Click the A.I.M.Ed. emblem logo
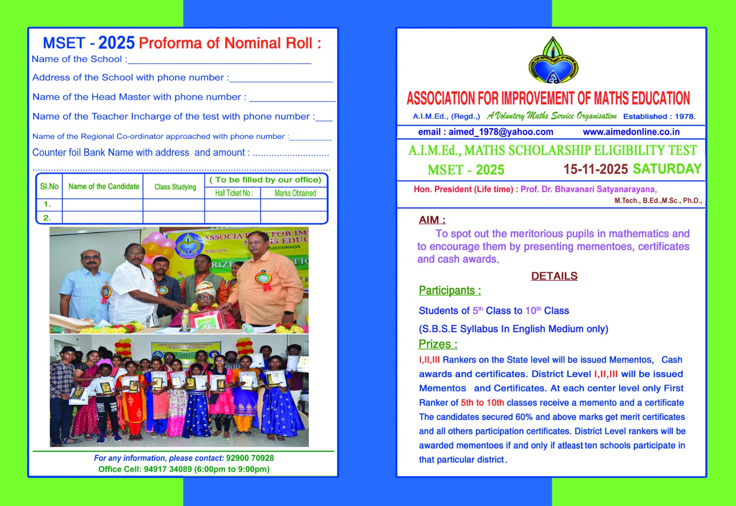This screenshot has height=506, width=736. [x=553, y=61]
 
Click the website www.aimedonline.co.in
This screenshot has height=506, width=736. [x=631, y=132]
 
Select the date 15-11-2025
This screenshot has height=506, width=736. [x=595, y=169]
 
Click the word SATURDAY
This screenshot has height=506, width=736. [x=667, y=169]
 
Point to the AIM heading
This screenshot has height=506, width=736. [x=432, y=220]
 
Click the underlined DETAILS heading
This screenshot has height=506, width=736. [x=554, y=276]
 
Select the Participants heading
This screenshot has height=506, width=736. [x=449, y=291]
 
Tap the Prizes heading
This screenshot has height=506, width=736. [x=437, y=344]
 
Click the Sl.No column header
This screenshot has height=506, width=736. [x=49, y=186]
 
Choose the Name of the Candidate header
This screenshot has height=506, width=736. [x=103, y=186]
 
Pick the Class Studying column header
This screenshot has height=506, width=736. [x=175, y=187]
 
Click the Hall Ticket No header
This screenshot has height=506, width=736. [x=234, y=193]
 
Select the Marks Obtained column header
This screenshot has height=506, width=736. [x=295, y=193]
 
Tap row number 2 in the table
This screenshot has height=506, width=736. [x=47, y=218]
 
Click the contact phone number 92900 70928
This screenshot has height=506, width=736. [x=250, y=458]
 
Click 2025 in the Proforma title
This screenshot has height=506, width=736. [x=116, y=43]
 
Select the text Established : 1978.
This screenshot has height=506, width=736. [x=659, y=116]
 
